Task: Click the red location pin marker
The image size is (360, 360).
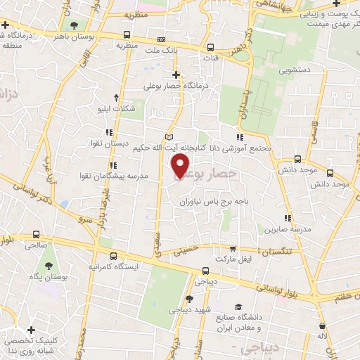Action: [x=181, y=165]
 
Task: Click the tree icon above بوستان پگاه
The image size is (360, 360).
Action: [x=49, y=266]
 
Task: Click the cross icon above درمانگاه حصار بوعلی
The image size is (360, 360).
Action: [x=176, y=75]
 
